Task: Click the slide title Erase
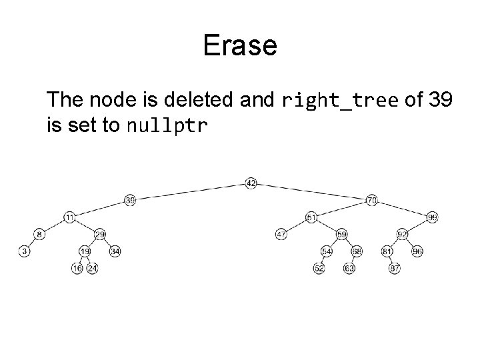pos(240,46)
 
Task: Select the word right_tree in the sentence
pos(340,101)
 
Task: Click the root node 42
pos(251,183)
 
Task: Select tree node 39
pos(130,200)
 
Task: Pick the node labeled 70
pos(372,199)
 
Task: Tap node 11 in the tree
pos(70,217)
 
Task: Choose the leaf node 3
pos(25,251)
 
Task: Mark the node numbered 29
pos(100,234)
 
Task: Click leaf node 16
pos(77,269)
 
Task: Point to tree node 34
pos(115,251)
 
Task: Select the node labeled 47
pos(281,234)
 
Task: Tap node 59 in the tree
pos(341,234)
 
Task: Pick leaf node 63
pos(349,269)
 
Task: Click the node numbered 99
pos(433,217)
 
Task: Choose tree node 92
pos(402,234)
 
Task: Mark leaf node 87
pos(395,269)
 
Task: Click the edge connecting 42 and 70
pos(311,191)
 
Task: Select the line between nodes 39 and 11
pos(100,209)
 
